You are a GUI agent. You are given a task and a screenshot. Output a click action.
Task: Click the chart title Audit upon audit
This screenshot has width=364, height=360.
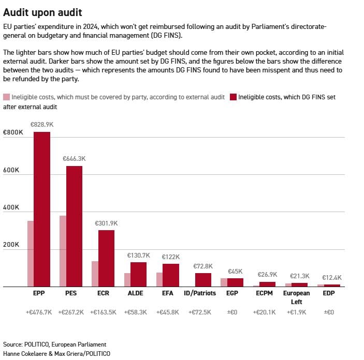[42, 12]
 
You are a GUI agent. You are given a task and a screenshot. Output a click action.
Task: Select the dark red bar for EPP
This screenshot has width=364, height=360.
[42, 209]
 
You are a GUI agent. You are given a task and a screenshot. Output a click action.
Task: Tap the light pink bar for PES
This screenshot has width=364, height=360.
[63, 251]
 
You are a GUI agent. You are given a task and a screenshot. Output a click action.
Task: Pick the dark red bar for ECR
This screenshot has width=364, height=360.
[106, 259]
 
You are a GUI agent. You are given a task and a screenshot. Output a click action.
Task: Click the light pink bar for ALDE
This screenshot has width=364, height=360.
[127, 280]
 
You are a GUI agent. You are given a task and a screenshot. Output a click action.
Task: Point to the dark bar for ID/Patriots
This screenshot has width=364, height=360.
[203, 280]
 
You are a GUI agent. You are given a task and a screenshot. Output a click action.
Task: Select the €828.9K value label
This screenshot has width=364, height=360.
[42, 125]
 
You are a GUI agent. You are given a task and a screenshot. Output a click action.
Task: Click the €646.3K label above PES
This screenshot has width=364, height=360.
[74, 159]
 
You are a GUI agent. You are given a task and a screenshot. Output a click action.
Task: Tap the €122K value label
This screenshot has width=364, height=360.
[171, 257]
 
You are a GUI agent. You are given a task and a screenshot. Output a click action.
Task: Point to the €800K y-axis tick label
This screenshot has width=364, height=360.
[13, 132]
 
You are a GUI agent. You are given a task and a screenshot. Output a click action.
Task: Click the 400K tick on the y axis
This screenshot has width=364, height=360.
[11, 207]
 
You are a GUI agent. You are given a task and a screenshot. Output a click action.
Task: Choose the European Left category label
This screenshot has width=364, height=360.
[297, 297]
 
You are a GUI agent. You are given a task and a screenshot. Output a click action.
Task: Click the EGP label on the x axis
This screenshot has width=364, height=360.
[232, 293]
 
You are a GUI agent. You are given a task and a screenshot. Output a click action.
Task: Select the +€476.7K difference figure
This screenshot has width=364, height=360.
[39, 312]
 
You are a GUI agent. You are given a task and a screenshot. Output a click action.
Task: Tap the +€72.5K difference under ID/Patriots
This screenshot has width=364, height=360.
[200, 312]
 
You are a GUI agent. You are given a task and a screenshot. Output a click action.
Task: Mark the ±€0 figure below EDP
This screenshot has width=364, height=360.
[329, 312]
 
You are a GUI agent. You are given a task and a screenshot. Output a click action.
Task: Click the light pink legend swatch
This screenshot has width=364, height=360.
[7, 97]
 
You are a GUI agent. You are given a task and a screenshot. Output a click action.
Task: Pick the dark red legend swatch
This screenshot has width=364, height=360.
[233, 97]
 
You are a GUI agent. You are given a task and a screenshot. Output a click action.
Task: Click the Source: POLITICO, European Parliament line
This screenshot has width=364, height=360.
[54, 344]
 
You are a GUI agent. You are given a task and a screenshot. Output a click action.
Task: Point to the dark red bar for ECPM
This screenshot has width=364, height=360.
[267, 284]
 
